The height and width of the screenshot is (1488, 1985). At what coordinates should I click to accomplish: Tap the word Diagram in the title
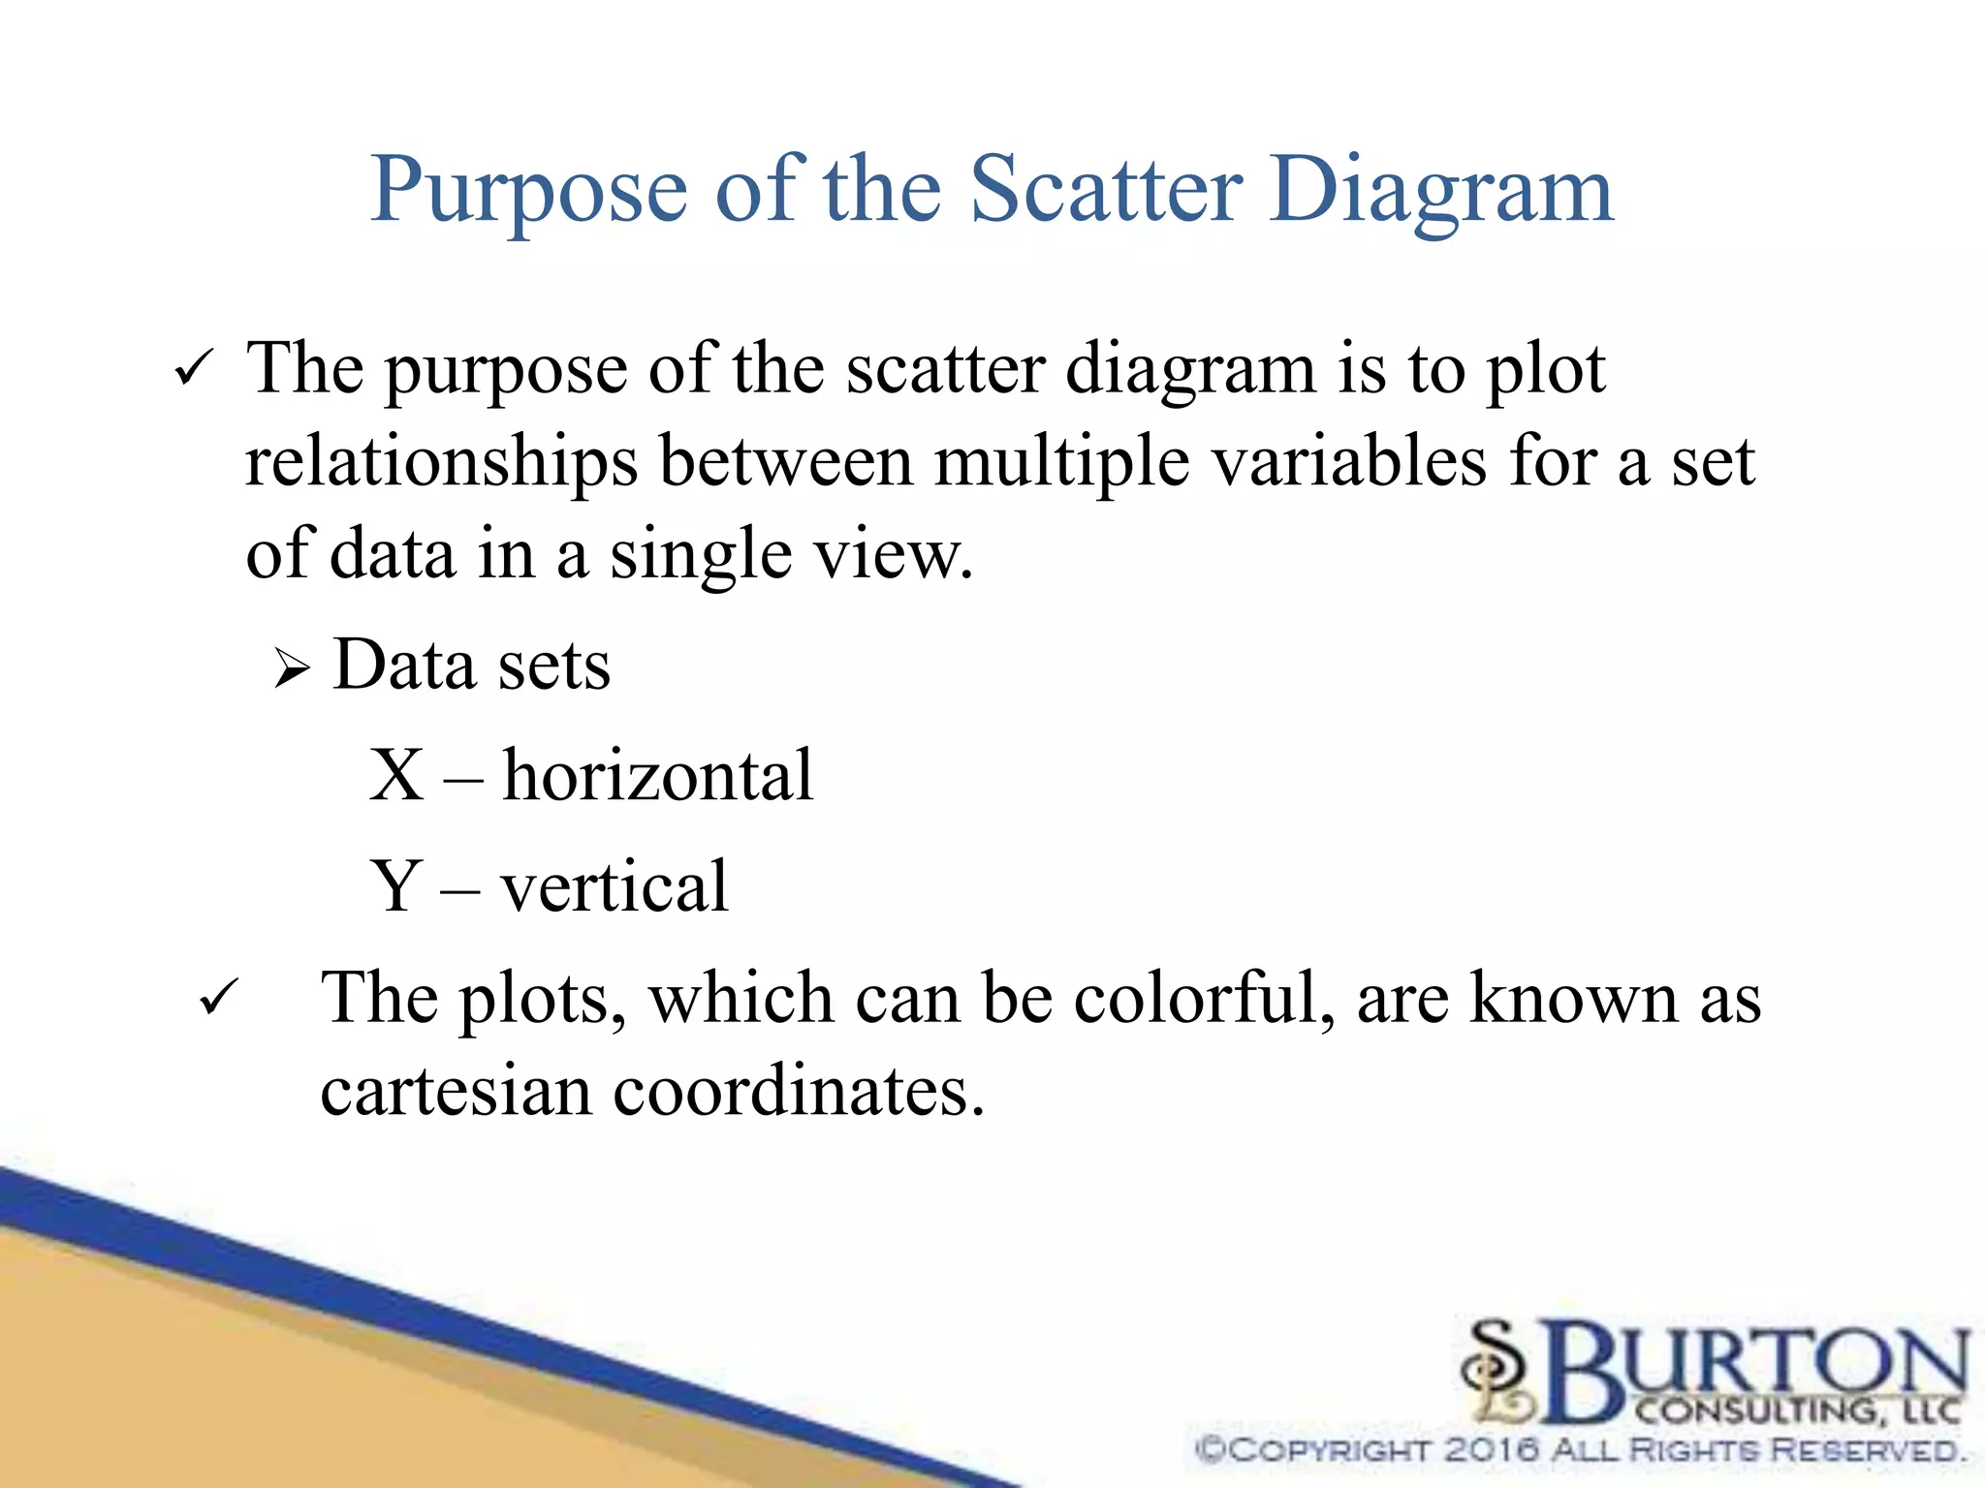point(1441,192)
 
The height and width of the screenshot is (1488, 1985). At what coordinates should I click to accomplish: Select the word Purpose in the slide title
point(529,192)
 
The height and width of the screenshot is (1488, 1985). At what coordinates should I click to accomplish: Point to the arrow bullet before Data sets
point(291,668)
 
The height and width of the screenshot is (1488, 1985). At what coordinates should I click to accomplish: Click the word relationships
point(442,463)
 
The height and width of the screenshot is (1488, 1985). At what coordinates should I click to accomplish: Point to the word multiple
point(1061,463)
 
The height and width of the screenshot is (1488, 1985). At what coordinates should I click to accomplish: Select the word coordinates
point(799,1091)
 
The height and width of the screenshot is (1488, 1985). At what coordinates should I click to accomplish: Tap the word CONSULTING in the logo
point(1759,1410)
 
